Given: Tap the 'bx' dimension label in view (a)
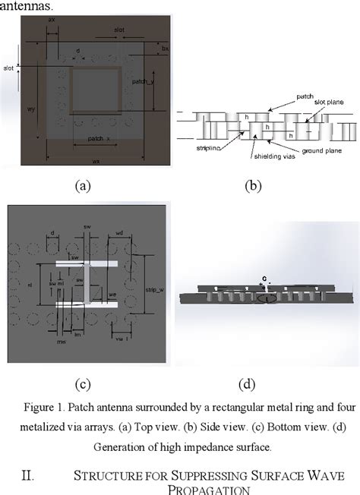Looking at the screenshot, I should (165, 48).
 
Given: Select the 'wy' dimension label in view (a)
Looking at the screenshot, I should (32, 109).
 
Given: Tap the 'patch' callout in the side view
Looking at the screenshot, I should (304, 96).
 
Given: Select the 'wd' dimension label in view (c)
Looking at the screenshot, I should (119, 234).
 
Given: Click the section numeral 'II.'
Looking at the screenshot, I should (27, 476).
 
